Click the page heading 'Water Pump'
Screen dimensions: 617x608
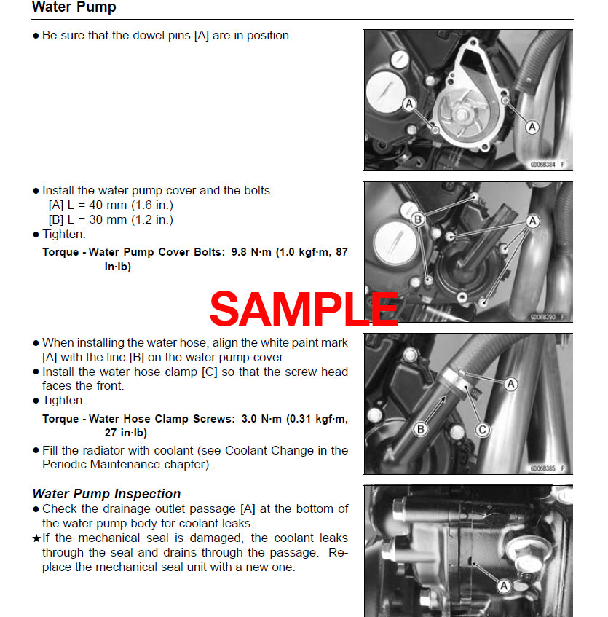pyautogui.click(x=74, y=8)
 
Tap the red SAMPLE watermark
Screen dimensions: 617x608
pyautogui.click(x=304, y=310)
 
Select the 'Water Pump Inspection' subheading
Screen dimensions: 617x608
pyautogui.click(x=106, y=494)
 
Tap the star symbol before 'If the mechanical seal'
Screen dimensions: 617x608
pyautogui.click(x=36, y=538)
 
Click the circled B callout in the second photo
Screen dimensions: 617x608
pyautogui.click(x=418, y=219)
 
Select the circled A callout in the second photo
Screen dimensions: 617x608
pyautogui.click(x=533, y=221)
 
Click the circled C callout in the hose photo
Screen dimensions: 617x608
pyautogui.click(x=483, y=431)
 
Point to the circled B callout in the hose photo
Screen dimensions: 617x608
pyautogui.click(x=419, y=430)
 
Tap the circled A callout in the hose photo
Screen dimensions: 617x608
pyautogui.click(x=511, y=383)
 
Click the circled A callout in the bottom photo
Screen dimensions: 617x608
pyautogui.click(x=503, y=585)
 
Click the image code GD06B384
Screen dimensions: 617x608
pyautogui.click(x=543, y=165)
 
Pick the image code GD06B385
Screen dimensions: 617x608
pyautogui.click(x=543, y=468)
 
